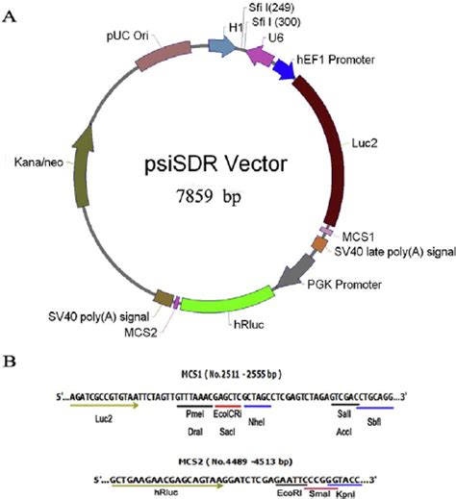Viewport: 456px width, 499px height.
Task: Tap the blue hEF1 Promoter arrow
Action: pyautogui.click(x=283, y=70)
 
